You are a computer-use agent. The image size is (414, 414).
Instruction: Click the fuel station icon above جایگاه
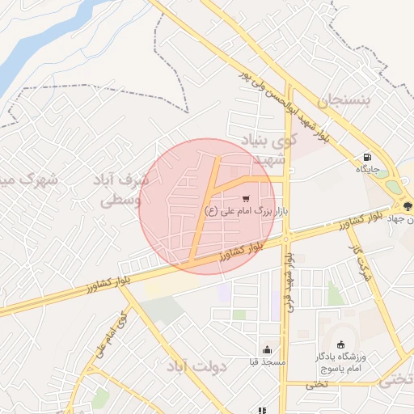(369, 157)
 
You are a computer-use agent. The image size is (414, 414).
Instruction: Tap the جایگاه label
(366, 170)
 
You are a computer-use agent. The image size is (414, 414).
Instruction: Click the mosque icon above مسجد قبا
(267, 349)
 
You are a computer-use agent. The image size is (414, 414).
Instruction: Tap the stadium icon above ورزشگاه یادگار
(340, 344)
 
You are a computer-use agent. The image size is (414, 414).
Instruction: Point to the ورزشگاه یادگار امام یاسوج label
(340, 361)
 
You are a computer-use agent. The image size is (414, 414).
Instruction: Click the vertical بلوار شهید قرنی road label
(289, 279)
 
